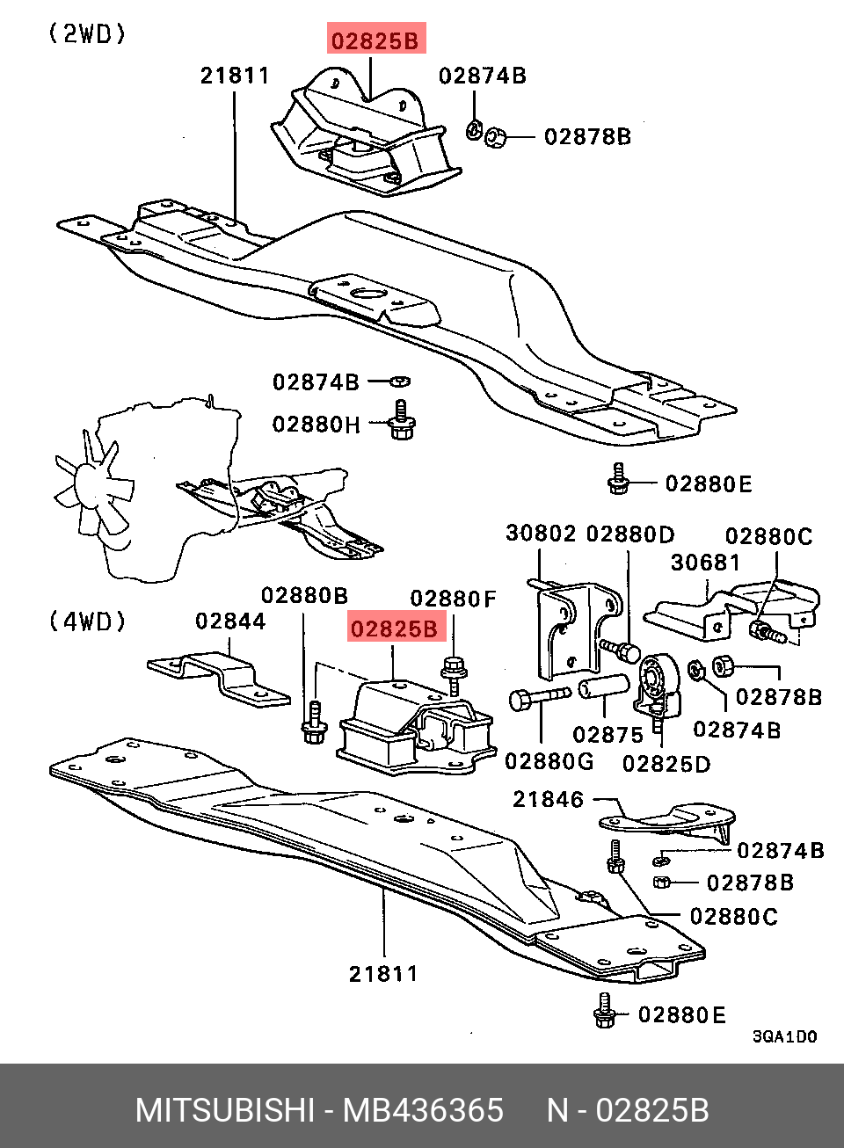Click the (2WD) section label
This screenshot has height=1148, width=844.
pos(87,34)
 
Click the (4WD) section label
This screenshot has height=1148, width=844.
pos(87,621)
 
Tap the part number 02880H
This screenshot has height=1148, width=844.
pos(316,425)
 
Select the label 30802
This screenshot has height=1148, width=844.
pos(541,534)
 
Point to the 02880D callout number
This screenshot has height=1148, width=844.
pos(630,534)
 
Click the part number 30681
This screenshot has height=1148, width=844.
pos(706,563)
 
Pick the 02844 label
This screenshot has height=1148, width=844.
pos(230,621)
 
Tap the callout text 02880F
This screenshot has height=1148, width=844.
pos(454,599)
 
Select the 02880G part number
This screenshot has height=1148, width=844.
pos(549,761)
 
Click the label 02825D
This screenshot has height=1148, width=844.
pos(666,764)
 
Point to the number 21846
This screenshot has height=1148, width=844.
pos(549,800)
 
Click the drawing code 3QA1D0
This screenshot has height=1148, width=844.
pos(784,1037)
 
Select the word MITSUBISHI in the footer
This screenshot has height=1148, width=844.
pos(224,1110)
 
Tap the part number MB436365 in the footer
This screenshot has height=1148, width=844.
pos(423,1110)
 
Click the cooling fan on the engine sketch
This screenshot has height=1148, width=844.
pos(92,486)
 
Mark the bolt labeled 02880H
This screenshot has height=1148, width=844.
pos(402,422)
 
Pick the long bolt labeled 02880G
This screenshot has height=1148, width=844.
pos(538,698)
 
